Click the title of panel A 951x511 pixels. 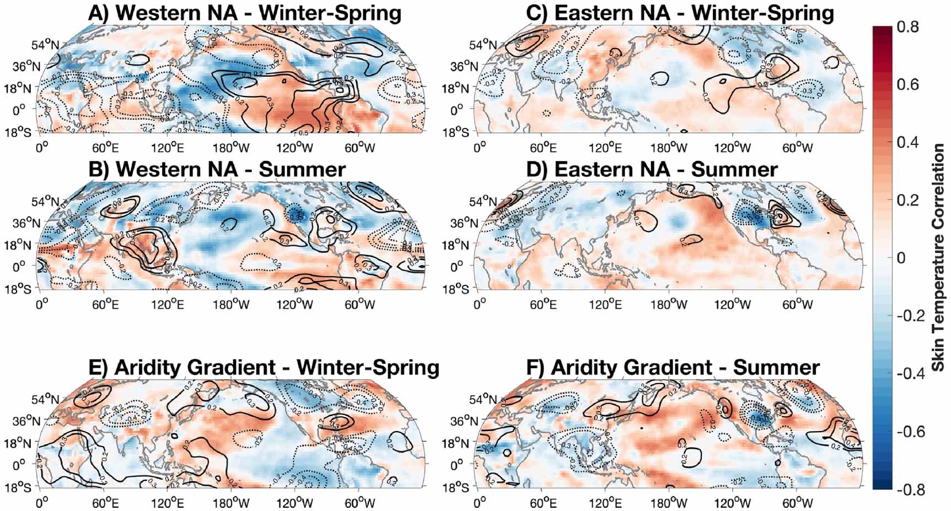tap(245, 13)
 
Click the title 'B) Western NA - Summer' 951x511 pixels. tap(217, 169)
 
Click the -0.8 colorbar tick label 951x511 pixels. tap(905, 489)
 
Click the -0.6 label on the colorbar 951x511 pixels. tap(905, 431)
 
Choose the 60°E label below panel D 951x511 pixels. tap(543, 304)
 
